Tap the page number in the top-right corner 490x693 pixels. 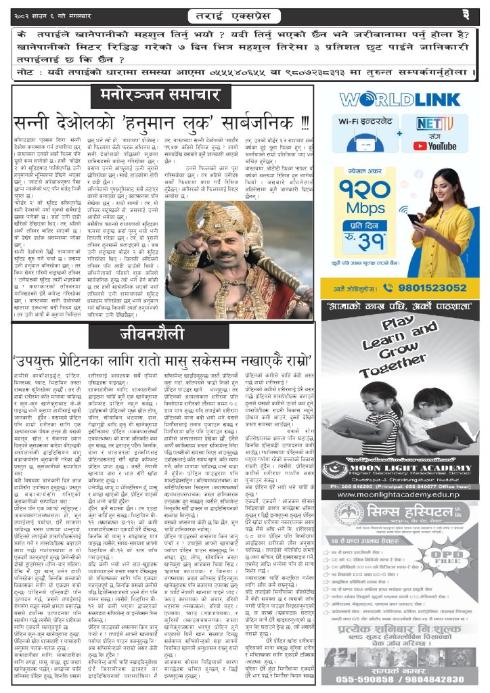click(x=474, y=14)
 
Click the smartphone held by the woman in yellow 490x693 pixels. click(x=414, y=219)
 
